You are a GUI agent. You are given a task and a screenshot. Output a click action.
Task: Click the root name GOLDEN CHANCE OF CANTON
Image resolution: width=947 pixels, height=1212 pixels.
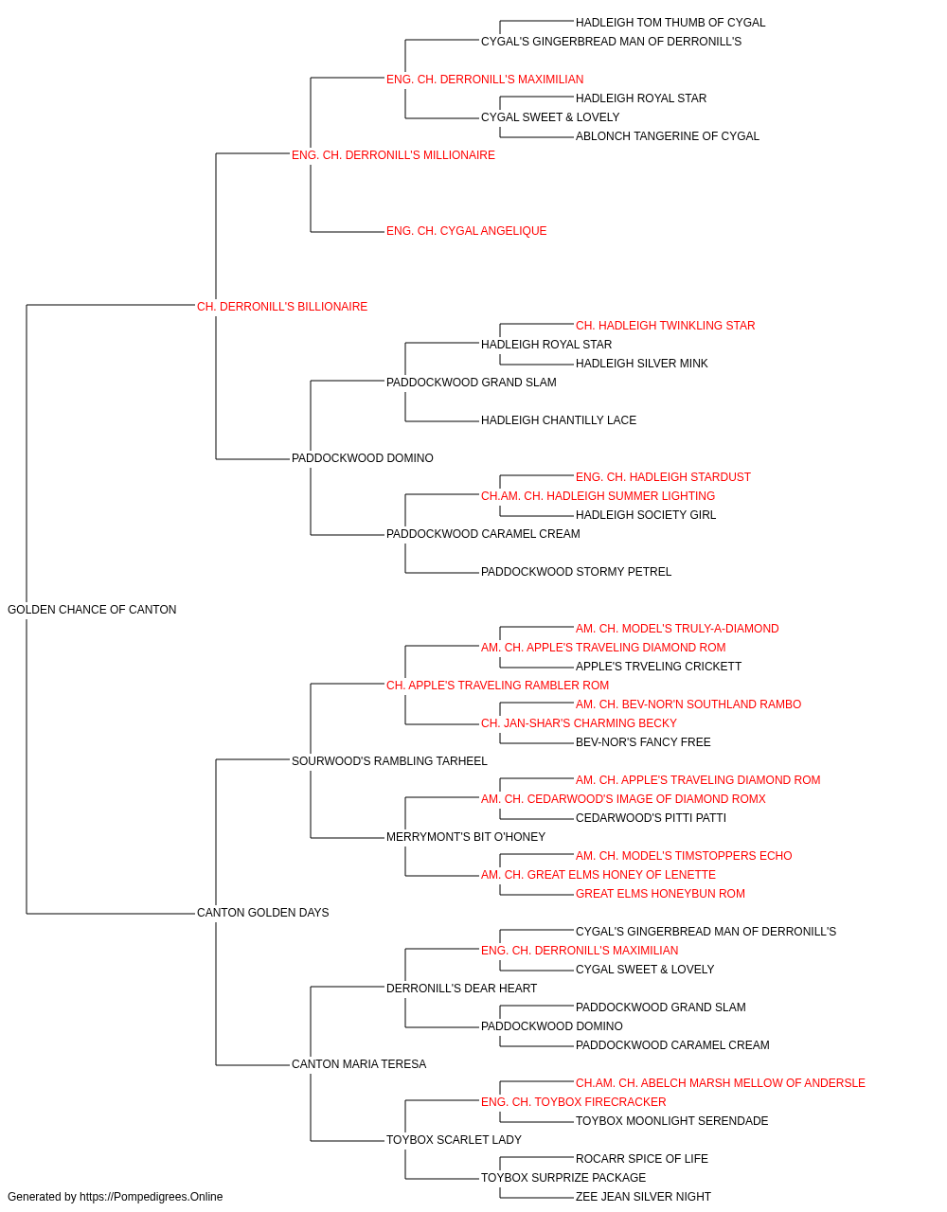[92, 610]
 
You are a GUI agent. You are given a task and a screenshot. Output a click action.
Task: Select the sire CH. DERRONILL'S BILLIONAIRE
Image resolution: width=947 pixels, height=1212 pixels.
[282, 307]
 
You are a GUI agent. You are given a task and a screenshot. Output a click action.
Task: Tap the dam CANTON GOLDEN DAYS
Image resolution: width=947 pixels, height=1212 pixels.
[262, 913]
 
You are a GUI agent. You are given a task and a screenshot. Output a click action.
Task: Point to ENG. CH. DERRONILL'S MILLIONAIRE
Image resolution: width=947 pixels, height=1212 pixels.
[393, 155]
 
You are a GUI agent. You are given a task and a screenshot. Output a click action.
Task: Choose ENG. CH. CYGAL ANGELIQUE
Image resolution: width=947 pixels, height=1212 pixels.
[466, 231]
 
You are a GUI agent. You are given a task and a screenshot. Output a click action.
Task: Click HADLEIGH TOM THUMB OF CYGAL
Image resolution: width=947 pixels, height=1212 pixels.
[670, 23]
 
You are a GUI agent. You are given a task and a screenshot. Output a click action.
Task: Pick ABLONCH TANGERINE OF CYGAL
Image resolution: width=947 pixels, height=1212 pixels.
[667, 136]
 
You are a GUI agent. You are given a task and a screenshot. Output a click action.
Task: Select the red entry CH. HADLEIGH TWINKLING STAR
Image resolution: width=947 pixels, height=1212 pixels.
[666, 326]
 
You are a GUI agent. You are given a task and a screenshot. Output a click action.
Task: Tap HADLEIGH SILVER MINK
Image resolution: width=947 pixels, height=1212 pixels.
[641, 364]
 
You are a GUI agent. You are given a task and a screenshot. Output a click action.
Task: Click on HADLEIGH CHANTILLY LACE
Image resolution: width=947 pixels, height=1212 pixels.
[559, 420]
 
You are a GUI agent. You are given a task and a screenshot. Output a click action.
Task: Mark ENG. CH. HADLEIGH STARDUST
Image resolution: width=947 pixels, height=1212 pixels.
[663, 477]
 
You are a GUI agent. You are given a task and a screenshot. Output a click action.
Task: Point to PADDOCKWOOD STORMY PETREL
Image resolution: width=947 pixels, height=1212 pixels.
[576, 572]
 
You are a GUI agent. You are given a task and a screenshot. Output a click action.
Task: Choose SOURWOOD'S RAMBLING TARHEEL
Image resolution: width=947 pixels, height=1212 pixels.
[389, 761]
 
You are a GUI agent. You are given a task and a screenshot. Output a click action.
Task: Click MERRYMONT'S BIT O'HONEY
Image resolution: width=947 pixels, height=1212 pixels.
[466, 837]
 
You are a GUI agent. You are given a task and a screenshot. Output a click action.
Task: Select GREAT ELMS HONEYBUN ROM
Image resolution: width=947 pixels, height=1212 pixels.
[660, 894]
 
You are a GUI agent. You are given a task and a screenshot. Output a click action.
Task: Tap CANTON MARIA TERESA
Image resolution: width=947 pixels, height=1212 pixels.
[359, 1064]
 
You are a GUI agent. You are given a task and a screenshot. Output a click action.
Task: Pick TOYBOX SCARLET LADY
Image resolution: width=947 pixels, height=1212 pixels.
[454, 1140]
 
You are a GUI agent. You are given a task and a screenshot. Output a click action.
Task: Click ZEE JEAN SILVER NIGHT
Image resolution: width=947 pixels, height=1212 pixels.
[643, 1197]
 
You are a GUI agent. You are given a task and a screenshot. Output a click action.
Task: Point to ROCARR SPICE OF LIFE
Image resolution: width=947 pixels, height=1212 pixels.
[642, 1159]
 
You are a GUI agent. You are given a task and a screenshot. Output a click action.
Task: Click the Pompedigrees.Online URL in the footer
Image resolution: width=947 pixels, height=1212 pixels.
[151, 1197]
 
